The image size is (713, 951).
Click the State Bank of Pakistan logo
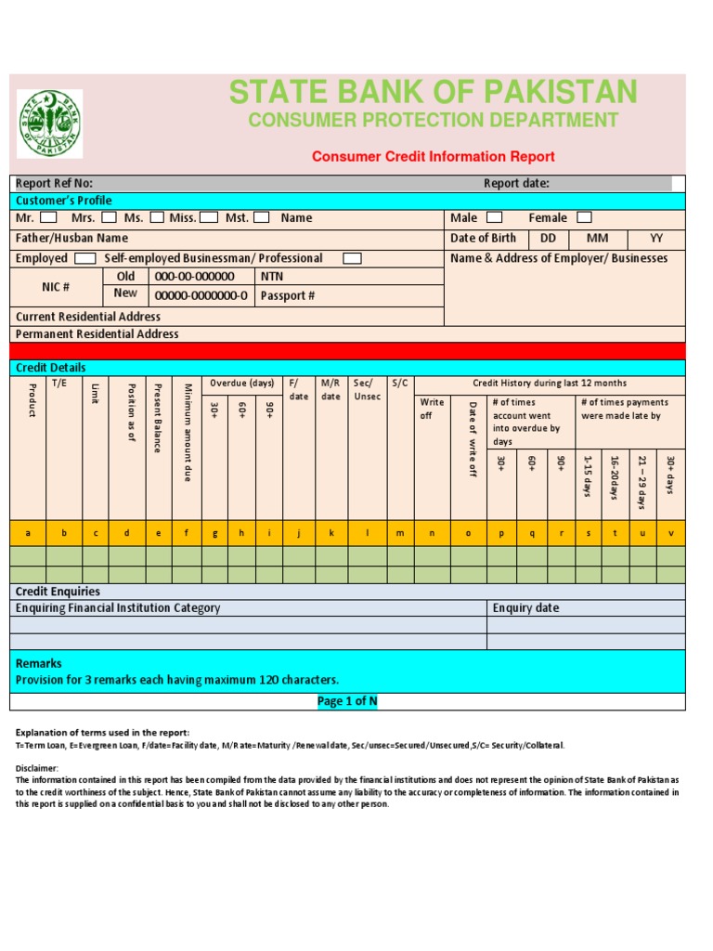coord(49,124)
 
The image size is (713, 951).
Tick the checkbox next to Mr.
coord(49,217)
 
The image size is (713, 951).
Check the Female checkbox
coord(584,217)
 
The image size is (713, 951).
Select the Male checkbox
coord(495,217)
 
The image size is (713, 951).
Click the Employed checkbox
coord(84,258)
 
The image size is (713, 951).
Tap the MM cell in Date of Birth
coord(597,239)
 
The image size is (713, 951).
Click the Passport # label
coord(288,297)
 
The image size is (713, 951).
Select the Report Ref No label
coord(55,183)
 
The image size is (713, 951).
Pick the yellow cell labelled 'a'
coord(28,533)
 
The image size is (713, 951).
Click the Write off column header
coord(432,409)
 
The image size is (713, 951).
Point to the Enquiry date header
coord(525,608)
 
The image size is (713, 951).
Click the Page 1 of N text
coord(347,702)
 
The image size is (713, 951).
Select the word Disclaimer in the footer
coord(37,768)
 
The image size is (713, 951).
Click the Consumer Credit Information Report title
coord(433,157)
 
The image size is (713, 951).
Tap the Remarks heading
coord(39,663)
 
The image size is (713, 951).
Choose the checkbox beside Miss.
coord(209,217)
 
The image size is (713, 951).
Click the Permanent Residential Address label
coord(97,333)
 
